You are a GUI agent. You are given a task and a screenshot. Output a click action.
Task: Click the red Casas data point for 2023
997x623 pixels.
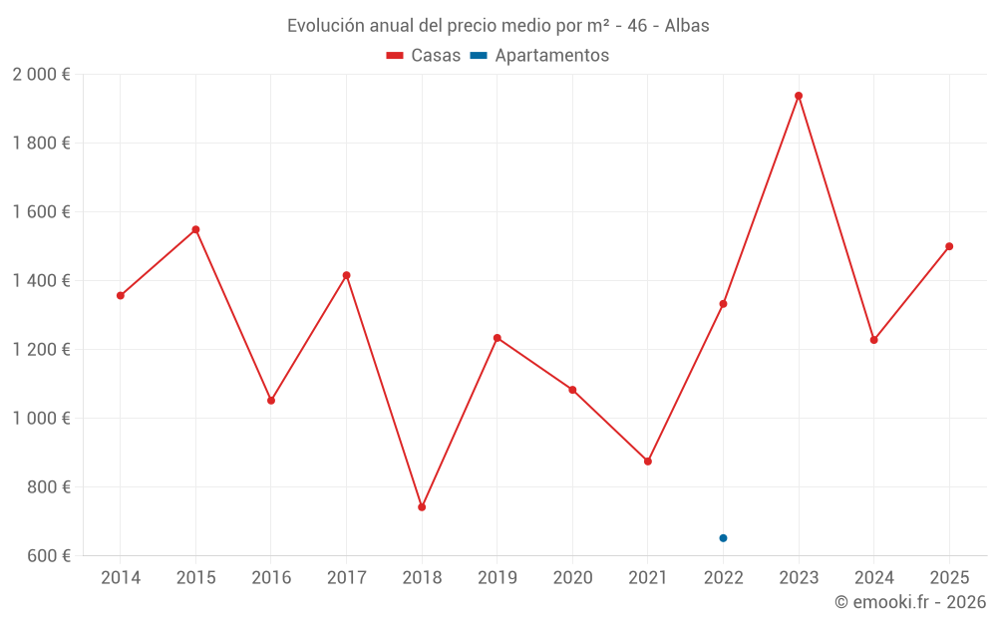coord(799,96)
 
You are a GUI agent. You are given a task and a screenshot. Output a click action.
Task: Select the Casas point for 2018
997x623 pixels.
coord(422,507)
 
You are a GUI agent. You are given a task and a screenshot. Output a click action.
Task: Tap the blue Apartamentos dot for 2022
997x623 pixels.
coord(723,538)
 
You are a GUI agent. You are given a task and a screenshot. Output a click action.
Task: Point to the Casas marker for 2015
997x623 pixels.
coord(195,229)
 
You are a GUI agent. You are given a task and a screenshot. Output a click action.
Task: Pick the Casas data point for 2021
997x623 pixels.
coord(648,462)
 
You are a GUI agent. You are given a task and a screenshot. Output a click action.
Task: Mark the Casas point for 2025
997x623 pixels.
coord(949,246)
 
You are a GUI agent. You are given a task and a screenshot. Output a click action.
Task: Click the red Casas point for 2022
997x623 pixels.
coord(723,304)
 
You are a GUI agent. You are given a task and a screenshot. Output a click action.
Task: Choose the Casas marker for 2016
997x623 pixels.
coord(271,401)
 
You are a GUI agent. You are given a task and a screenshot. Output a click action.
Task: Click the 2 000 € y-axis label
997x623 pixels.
coord(41,75)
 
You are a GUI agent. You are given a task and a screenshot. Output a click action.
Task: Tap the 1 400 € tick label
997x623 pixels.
coord(41,281)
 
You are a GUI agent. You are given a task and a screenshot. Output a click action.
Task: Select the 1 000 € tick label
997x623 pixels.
coord(41,419)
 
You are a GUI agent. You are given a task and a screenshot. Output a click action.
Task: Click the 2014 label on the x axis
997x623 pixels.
coord(121,578)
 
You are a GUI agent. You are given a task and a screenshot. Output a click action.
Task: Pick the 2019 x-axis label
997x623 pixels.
coord(498,578)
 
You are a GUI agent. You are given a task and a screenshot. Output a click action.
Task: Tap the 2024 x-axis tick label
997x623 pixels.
coord(873,578)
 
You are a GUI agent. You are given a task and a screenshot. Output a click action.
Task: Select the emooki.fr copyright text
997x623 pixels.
coord(909,603)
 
